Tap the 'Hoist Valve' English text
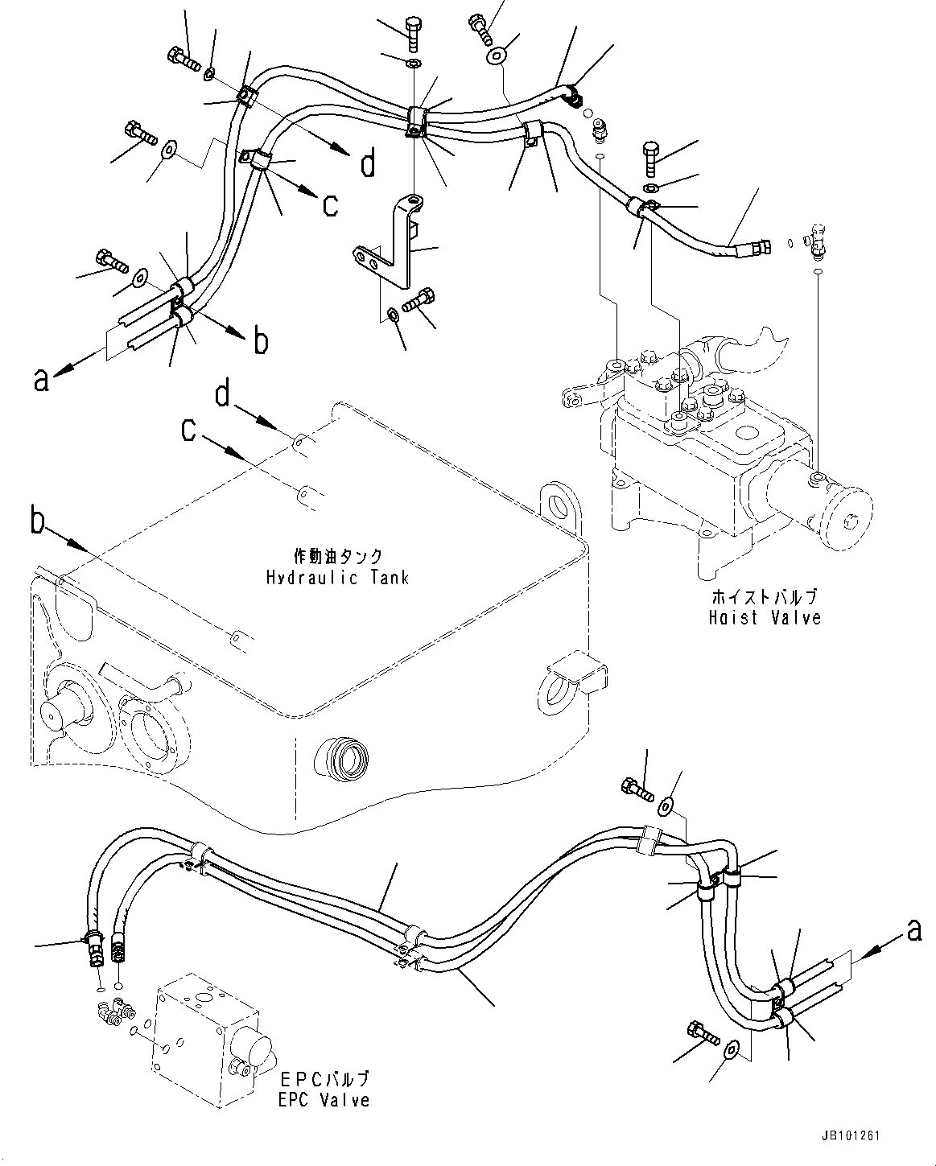765,617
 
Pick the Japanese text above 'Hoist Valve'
765,597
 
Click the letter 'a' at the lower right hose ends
913,932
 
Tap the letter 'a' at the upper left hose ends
42,378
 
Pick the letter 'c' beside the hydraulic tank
188,429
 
